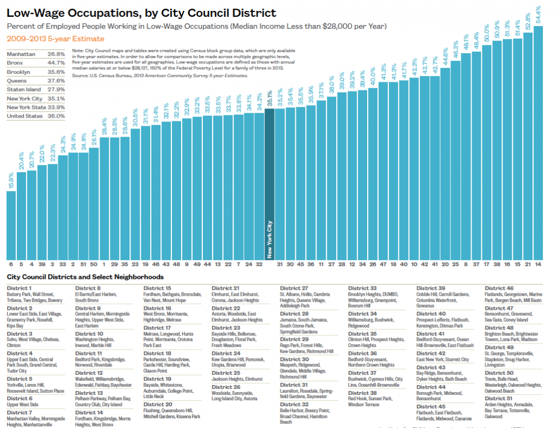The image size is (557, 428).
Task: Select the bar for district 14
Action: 538,142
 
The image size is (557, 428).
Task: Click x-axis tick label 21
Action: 528,264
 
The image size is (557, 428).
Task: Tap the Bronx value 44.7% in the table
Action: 56,63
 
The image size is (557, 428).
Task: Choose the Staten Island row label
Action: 23,89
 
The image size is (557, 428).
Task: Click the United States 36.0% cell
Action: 56,116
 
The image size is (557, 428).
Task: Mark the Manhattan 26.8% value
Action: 56,54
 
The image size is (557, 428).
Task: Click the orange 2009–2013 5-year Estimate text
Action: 55,39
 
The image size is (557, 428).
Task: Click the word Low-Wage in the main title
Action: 36,13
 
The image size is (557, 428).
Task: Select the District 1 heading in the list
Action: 19,288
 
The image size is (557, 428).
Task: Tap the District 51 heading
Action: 499,398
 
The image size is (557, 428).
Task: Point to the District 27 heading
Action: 294,288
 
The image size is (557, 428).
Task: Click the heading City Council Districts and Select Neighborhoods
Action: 85,277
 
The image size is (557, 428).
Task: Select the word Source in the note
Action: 81,76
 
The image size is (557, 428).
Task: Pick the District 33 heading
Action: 362,288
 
